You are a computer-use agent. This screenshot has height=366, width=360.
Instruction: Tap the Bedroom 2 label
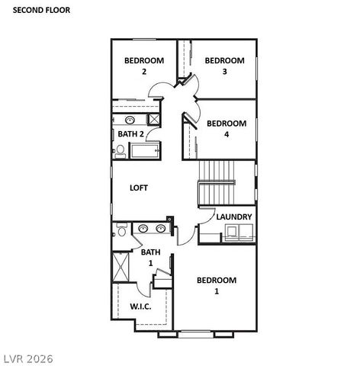[x=143, y=66]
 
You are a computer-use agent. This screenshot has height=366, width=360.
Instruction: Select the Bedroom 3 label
[x=224, y=66]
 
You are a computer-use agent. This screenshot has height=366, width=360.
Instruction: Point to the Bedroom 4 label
[x=227, y=128]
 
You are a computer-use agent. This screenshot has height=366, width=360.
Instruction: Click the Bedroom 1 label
[x=217, y=285]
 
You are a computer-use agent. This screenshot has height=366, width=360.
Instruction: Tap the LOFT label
[x=138, y=188]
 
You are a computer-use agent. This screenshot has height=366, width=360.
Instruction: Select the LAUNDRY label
[x=234, y=217]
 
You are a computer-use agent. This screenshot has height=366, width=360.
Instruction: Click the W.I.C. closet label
[x=140, y=307]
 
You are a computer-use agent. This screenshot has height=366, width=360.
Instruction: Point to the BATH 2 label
[x=130, y=134]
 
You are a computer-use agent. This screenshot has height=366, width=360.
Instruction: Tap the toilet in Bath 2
[x=120, y=152]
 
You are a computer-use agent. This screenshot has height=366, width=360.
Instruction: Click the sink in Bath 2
[x=130, y=120]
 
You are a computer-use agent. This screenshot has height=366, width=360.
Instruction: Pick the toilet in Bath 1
[x=119, y=232]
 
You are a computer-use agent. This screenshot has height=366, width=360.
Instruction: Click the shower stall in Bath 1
[x=121, y=266]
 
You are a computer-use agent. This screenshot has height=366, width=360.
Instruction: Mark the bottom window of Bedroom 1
[x=196, y=334]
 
